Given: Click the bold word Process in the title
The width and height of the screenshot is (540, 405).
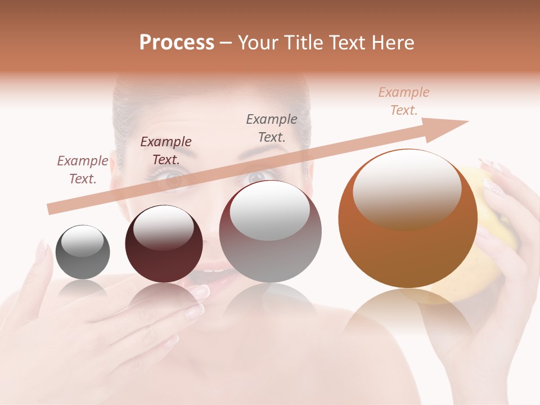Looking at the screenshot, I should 177,43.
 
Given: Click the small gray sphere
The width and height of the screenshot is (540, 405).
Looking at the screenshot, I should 83,252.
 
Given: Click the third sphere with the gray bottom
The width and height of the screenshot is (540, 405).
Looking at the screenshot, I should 270,232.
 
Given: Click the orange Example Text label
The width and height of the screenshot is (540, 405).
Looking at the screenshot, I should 404,101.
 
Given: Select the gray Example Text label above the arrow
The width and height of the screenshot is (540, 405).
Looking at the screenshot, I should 272,128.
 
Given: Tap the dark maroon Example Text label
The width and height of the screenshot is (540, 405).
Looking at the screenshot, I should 166,151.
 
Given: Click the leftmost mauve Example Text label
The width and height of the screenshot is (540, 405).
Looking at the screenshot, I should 83,170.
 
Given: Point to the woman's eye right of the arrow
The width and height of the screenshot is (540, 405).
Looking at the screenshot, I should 256,177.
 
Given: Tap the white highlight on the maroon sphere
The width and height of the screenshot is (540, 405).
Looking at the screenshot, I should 163,227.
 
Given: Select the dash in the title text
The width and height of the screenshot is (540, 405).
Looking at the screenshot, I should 226,43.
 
